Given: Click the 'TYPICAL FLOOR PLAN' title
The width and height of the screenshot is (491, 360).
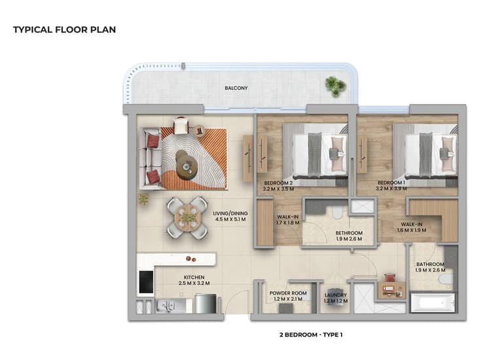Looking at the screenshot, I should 64,29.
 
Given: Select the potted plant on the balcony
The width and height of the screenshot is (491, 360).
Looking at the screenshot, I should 335,86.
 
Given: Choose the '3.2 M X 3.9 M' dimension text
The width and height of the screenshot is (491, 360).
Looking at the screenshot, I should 393,189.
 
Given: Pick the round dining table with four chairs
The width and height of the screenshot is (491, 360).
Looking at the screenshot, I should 188,217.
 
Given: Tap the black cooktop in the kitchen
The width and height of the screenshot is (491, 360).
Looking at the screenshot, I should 146,282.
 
